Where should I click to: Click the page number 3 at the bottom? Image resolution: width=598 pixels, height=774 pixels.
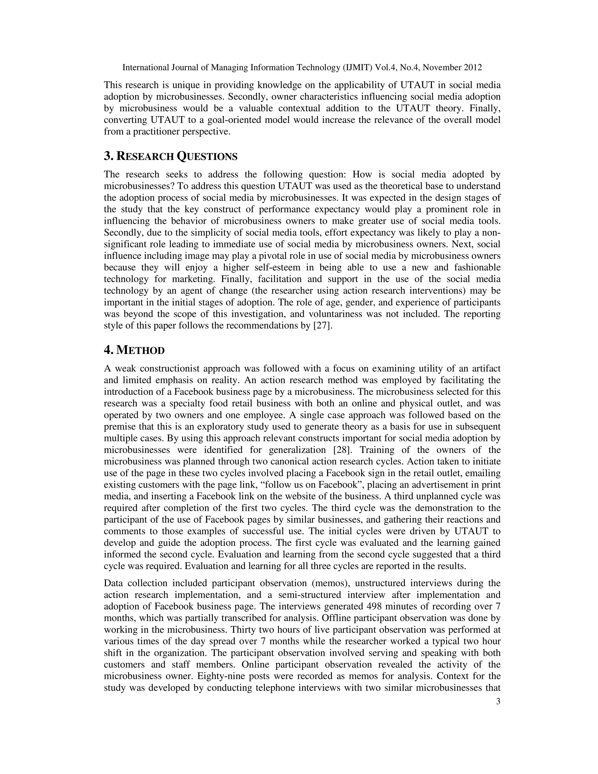[498, 701]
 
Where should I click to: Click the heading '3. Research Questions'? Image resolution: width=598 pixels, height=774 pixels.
[171, 156]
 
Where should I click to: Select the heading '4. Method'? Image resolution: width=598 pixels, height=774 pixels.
[134, 350]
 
